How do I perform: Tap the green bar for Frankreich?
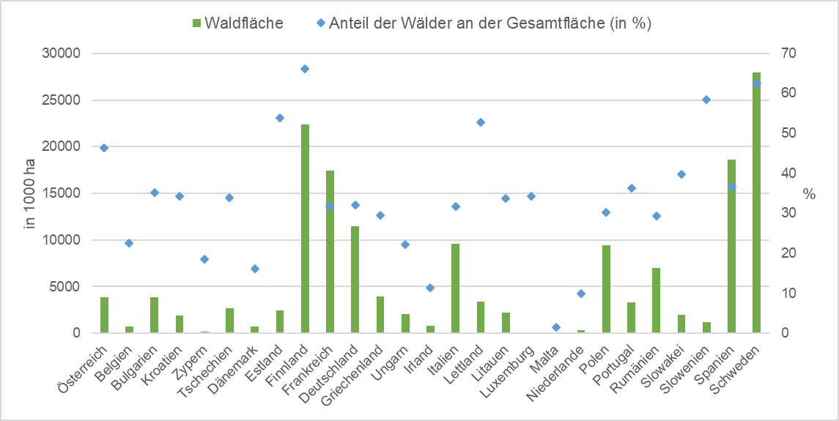(x=330, y=252)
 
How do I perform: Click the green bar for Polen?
(x=606, y=289)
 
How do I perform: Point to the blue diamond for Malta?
(x=556, y=327)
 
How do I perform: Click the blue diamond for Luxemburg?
(x=531, y=196)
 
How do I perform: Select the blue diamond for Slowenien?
(x=706, y=100)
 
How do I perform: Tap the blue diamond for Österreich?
(x=104, y=148)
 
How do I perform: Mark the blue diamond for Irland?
(x=430, y=288)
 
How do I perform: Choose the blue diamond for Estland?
(x=280, y=118)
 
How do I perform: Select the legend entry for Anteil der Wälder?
(x=484, y=23)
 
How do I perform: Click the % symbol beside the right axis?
(x=809, y=194)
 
